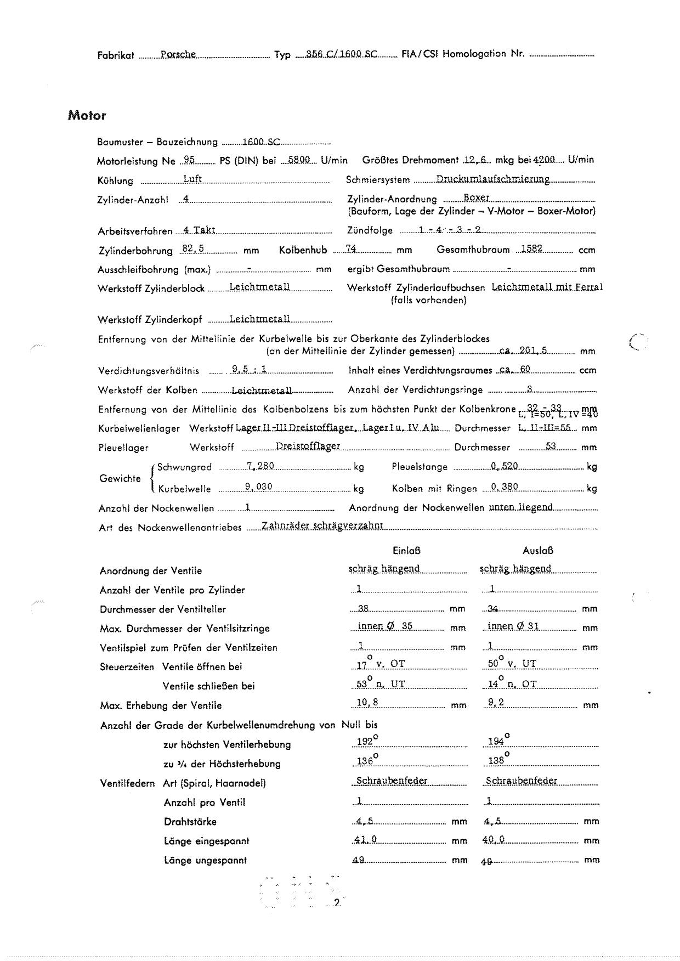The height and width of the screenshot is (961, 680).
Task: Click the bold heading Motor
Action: [87, 116]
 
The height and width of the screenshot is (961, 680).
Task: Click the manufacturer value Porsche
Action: [178, 54]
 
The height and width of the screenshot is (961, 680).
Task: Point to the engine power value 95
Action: [189, 160]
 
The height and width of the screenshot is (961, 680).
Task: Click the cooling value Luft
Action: [192, 179]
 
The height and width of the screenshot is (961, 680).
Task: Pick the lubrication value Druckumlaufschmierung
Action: [492, 179]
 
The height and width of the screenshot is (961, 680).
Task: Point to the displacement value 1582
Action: [531, 249]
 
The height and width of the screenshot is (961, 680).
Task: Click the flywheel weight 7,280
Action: [260, 466]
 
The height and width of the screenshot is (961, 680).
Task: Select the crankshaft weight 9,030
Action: [258, 487]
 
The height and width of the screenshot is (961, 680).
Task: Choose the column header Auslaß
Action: [537, 551]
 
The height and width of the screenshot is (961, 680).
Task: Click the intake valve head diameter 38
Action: [363, 608]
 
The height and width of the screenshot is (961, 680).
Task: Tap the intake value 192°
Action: [365, 742]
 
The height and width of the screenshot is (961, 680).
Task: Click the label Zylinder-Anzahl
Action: [133, 200]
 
